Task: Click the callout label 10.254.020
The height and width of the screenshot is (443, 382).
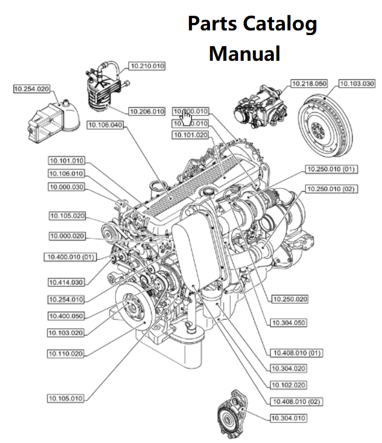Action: point(32,89)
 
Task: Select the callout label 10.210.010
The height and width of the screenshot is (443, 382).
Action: point(147,66)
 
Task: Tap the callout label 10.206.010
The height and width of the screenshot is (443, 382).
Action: point(147,111)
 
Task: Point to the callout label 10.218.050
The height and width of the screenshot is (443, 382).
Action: point(309,84)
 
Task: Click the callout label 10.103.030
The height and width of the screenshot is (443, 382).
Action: point(357,84)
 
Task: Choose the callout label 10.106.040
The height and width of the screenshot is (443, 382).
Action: point(105,124)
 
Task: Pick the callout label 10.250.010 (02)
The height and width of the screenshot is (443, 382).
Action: point(331,189)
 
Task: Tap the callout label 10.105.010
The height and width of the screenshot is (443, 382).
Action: point(66,398)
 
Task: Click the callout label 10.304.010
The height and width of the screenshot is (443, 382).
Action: point(288,418)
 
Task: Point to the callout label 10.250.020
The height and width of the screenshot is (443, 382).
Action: point(290,299)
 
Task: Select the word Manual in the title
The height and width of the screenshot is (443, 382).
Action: point(245,54)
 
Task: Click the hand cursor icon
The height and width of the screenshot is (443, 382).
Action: point(185,117)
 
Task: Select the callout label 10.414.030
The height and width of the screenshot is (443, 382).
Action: point(66,282)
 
